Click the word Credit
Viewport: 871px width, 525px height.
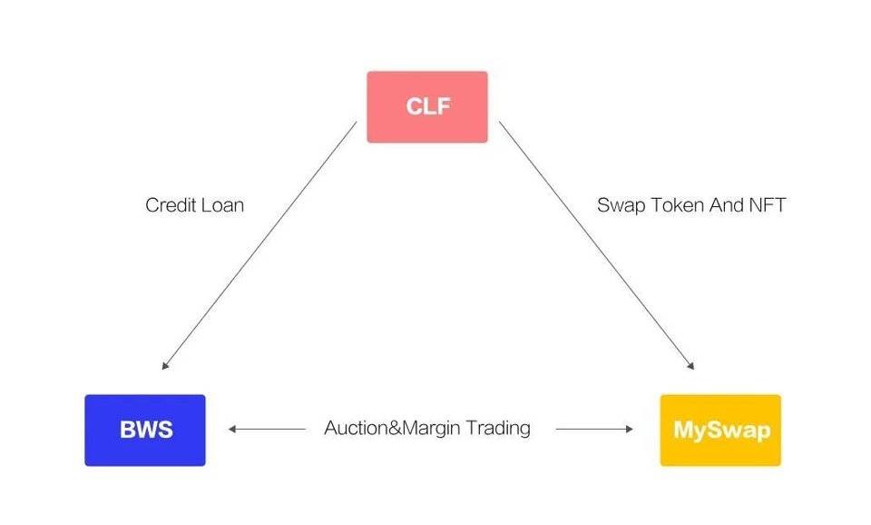pyautogui.click(x=169, y=205)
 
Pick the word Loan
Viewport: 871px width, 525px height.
pyautogui.click(x=221, y=205)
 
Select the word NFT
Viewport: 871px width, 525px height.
pyautogui.click(x=766, y=205)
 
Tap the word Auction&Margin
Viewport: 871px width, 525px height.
pyautogui.click(x=392, y=428)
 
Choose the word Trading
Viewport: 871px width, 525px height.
pyautogui.click(x=497, y=428)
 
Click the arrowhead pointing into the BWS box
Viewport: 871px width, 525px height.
pyautogui.click(x=232, y=429)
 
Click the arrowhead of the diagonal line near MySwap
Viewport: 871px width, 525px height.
pyautogui.click(x=690, y=366)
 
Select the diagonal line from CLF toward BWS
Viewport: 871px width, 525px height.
pyautogui.click(x=261, y=244)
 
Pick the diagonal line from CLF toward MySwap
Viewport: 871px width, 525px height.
pyautogui.click(x=595, y=244)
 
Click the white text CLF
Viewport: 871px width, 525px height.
pyautogui.click(x=427, y=106)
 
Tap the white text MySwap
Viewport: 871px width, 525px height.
pyautogui.click(x=720, y=430)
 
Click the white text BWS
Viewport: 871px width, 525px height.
pyautogui.click(x=145, y=430)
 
